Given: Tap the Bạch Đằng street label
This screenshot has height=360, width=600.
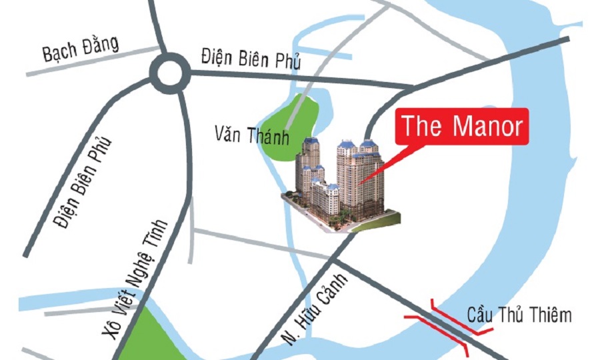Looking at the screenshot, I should coord(81,49).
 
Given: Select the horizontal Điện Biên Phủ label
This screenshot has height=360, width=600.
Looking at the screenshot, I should coord(251,60).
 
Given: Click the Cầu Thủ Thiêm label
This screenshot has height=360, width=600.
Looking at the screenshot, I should coord(519,315).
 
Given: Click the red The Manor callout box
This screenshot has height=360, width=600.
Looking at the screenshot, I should coord(463,126).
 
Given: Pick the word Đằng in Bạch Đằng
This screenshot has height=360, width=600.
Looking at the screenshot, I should coord(101,45).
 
